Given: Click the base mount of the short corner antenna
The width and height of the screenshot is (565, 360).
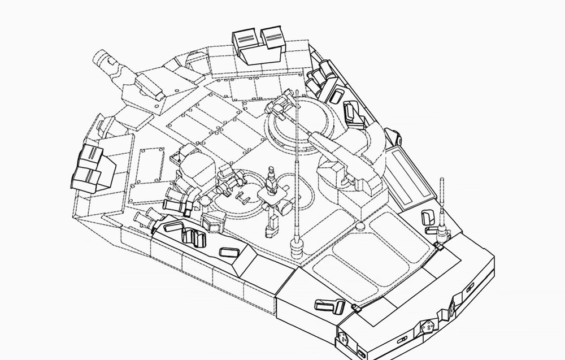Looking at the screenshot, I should pos(443,232).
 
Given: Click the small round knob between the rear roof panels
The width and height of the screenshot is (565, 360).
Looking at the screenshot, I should pos(360,227).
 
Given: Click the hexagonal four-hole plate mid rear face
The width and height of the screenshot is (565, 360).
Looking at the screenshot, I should pos(427,327).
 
